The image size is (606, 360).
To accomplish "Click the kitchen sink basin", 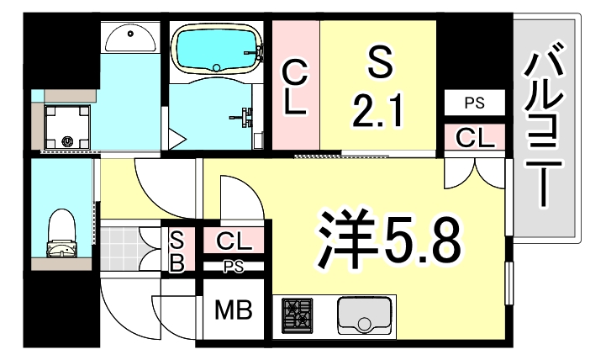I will pos(365,316).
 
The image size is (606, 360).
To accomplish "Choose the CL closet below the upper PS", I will pos(475,138).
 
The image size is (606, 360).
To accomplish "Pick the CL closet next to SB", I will pos(234,241).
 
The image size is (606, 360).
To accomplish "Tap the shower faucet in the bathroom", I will pos(247,116).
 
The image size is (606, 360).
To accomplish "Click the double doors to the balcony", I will pos(477,172).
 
